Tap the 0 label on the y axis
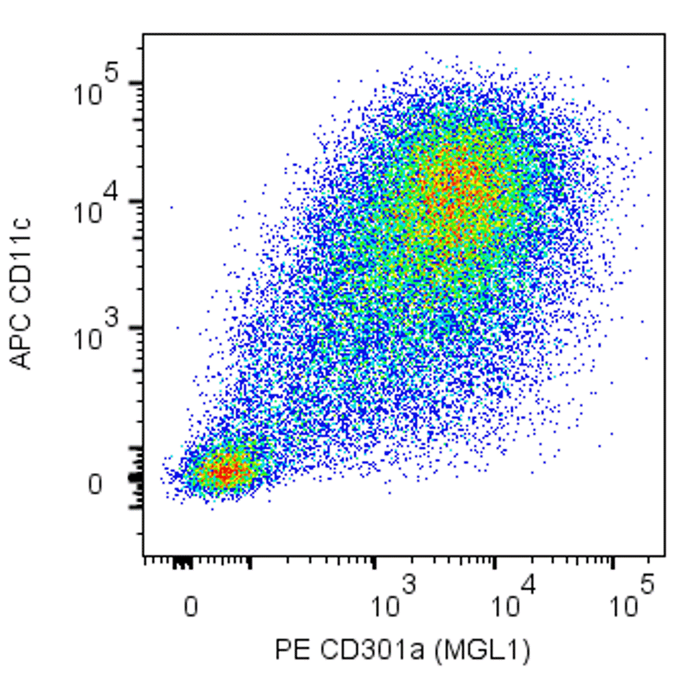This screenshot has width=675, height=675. tap(94, 484)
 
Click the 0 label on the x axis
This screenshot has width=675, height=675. tap(192, 606)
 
